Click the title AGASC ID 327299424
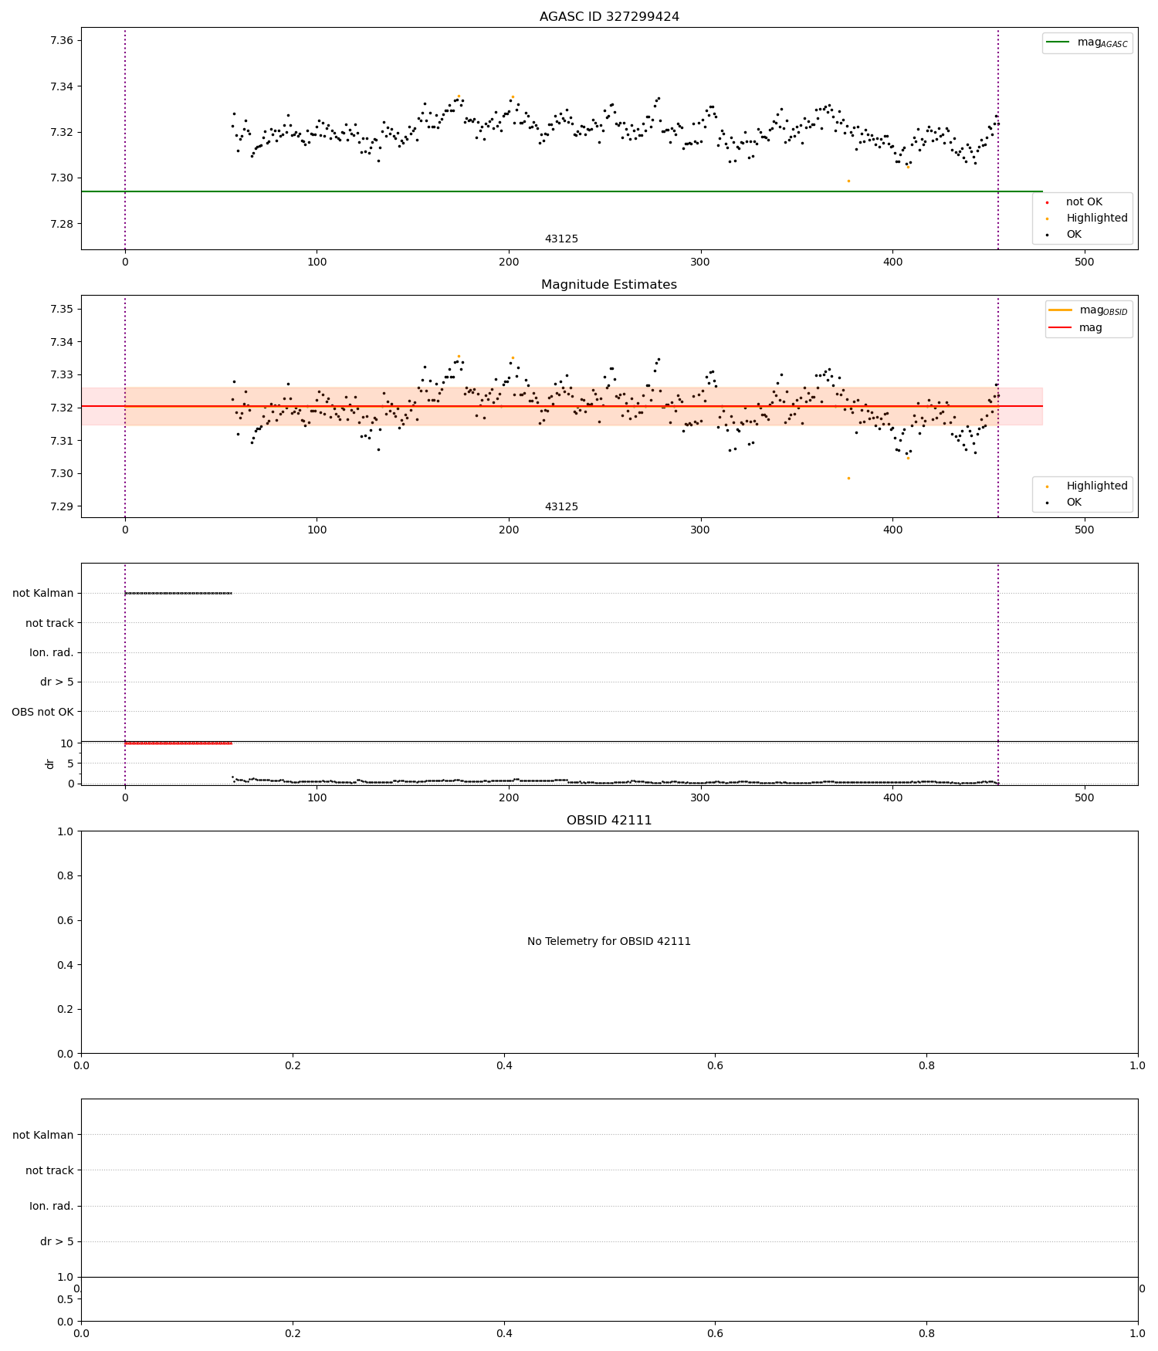pyautogui.click(x=609, y=17)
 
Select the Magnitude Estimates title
pyautogui.click(x=609, y=285)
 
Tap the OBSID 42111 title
pyautogui.click(x=609, y=821)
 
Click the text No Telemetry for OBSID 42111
pyautogui.click(x=609, y=942)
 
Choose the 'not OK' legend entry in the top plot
pyautogui.click(x=1084, y=202)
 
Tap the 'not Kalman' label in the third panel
pyautogui.click(x=43, y=594)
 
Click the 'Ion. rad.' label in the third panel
pyautogui.click(x=52, y=653)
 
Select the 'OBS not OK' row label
pyautogui.click(x=43, y=712)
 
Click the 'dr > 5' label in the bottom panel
pyautogui.click(x=57, y=1242)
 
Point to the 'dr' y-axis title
pyautogui.click(x=50, y=764)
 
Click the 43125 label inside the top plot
pyautogui.click(x=561, y=239)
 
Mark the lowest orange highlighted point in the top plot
pyautogui.click(x=848, y=181)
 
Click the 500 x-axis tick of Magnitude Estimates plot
pyautogui.click(x=1084, y=530)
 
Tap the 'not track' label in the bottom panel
pyautogui.click(x=49, y=1171)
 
